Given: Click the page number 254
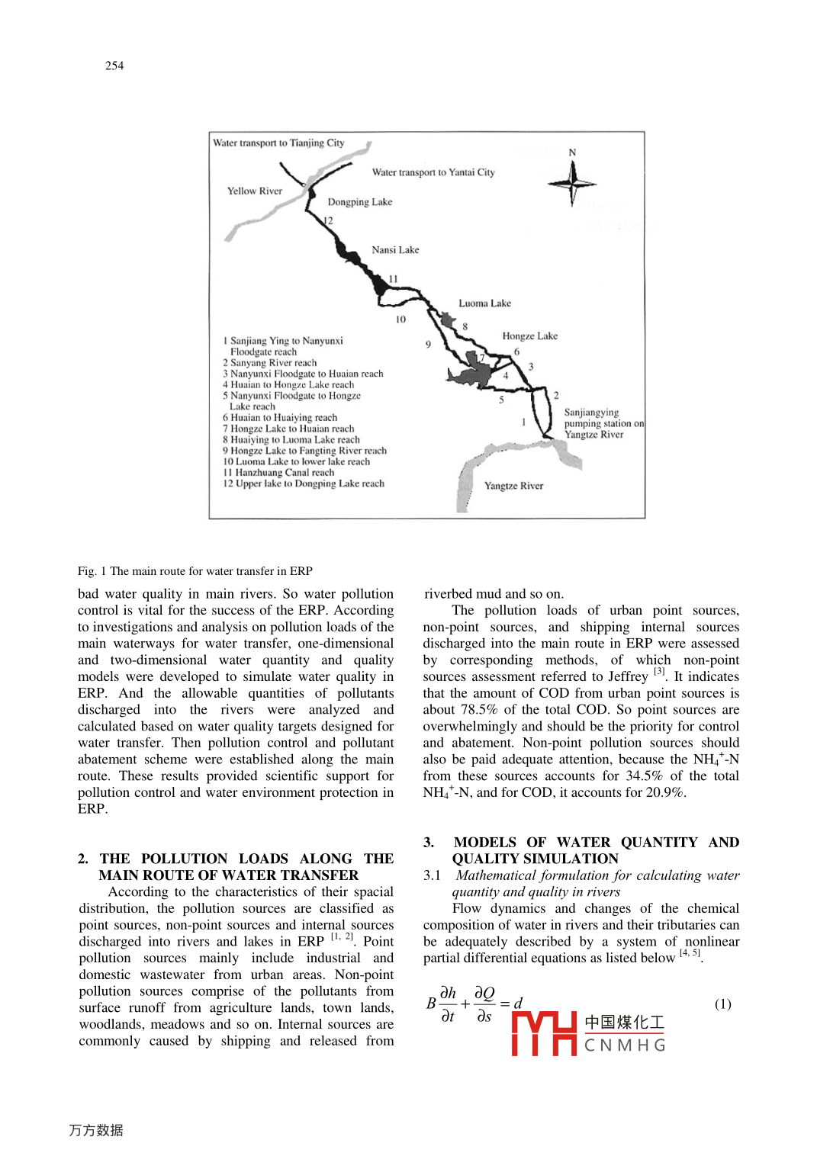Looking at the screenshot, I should (x=114, y=66).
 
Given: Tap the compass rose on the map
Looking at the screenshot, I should (x=572, y=183).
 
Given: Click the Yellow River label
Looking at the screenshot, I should (x=255, y=191).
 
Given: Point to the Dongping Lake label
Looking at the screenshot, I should (x=359, y=202).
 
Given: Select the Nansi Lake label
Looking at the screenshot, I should (x=395, y=250).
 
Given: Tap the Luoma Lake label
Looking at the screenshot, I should (x=484, y=303).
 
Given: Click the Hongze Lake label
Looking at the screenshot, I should (x=529, y=336).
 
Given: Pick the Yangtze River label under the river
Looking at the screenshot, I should (x=513, y=486).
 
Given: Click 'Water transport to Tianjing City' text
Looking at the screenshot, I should (x=278, y=143).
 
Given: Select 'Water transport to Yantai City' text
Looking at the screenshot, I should (x=433, y=172).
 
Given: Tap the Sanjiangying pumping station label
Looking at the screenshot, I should (x=603, y=423).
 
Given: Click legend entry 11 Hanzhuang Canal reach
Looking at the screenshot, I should (x=278, y=473).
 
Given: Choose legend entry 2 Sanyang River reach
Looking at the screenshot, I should (x=269, y=363).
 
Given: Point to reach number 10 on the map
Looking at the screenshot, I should (x=400, y=320).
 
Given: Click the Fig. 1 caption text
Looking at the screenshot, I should (x=195, y=571).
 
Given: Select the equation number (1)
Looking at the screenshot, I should (x=722, y=1004).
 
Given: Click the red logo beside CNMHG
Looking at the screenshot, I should (x=543, y=1033).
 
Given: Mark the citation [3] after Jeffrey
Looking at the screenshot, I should (x=659, y=673).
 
